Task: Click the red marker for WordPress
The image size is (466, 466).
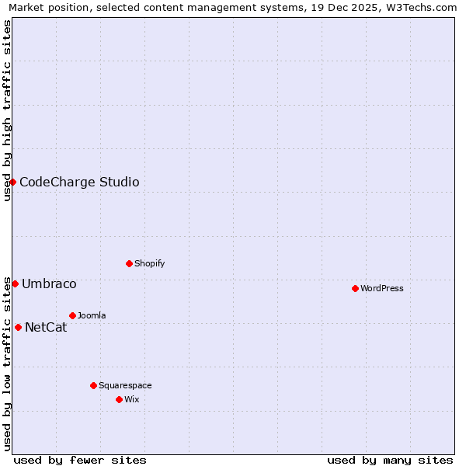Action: (355, 288)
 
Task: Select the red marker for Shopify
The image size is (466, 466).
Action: (129, 263)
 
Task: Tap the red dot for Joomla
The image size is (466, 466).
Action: (72, 315)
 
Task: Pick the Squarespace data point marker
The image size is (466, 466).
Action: (93, 385)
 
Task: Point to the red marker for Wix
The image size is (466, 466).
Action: (119, 399)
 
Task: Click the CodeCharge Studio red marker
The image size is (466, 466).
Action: (12, 182)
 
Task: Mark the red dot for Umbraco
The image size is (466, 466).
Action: (15, 283)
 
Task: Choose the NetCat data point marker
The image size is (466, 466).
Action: (18, 327)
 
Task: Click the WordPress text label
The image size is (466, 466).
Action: (381, 288)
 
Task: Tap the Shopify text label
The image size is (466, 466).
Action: (149, 263)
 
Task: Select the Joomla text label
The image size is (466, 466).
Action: (92, 315)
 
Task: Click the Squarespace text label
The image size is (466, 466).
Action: (125, 385)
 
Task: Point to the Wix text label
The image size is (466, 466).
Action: (131, 399)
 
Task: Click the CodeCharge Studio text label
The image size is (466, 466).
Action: (79, 183)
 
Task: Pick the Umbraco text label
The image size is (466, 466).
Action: (49, 284)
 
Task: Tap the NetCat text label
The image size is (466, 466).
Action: (46, 328)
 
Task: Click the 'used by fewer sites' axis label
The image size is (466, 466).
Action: (80, 460)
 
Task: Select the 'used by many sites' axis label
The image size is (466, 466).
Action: (390, 460)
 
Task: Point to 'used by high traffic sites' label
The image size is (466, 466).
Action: (7, 110)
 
